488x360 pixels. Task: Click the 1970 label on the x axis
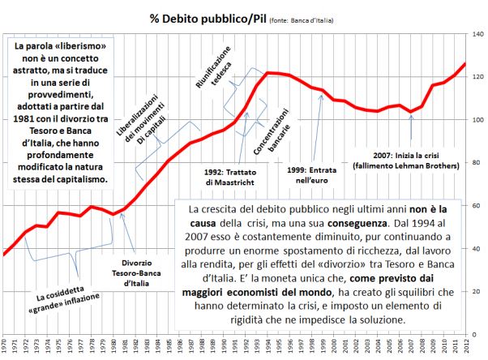pos(6,348)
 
